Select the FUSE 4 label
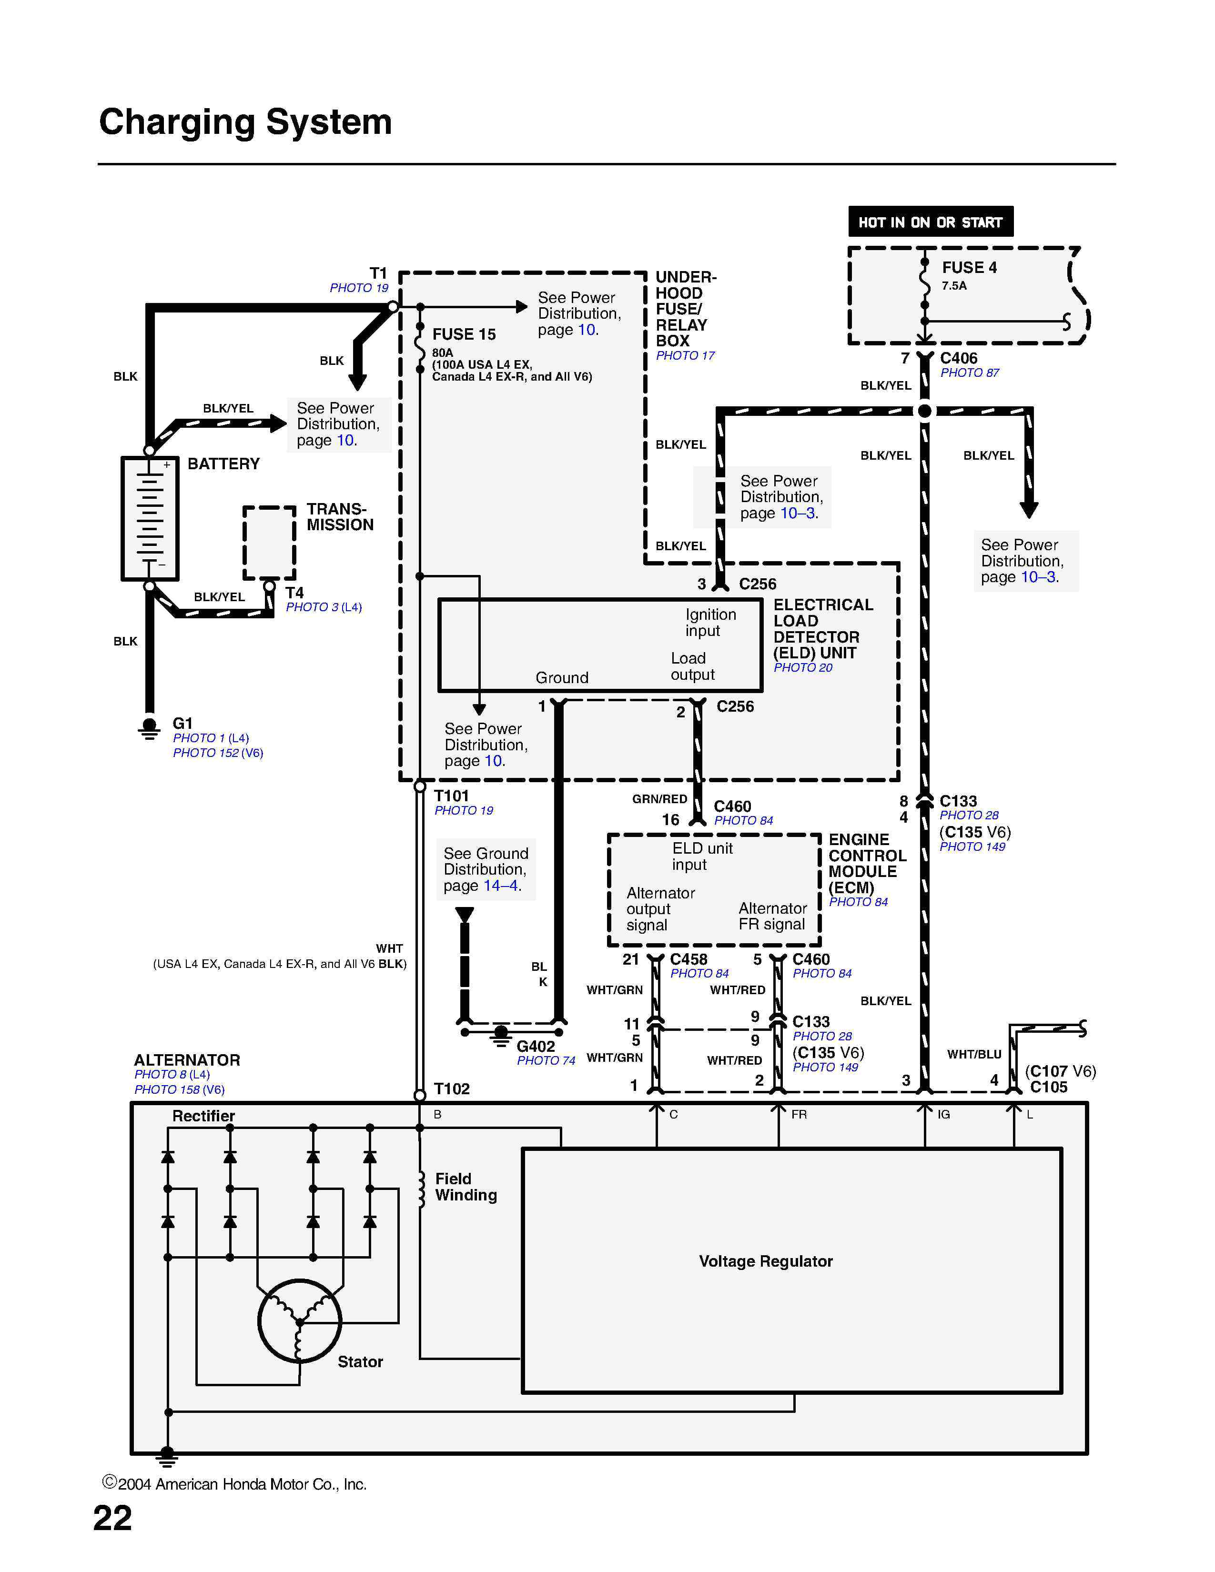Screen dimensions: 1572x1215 969,268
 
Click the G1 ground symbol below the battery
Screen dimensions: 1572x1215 150,728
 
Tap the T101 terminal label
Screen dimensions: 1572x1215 451,796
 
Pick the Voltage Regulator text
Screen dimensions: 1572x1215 765,1261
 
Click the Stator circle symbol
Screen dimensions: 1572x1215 299,1321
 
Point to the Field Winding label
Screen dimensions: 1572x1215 465,1187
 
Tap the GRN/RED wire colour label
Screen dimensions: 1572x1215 659,799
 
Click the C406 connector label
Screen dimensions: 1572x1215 958,358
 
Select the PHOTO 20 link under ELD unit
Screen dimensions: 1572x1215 802,668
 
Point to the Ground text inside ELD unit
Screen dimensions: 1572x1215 561,678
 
